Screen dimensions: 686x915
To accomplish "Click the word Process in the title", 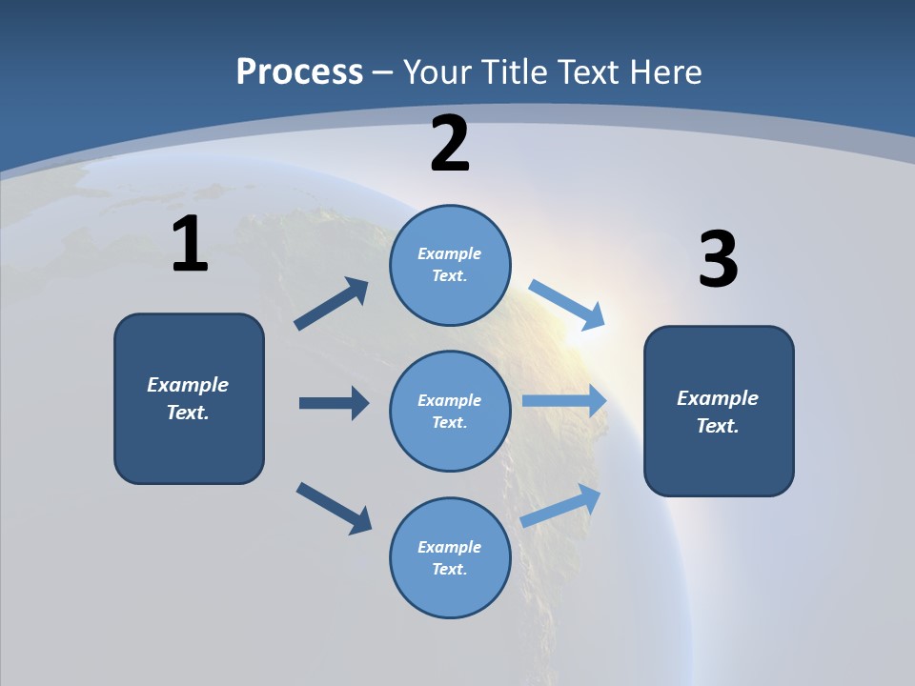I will (299, 72).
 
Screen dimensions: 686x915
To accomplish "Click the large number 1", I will (190, 245).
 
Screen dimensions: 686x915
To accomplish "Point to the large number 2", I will (450, 144).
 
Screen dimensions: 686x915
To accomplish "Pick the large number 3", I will (718, 260).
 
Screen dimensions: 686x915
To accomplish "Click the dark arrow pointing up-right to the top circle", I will (332, 304).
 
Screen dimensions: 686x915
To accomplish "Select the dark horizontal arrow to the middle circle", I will (334, 403).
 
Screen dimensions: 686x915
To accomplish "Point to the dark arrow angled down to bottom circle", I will (334, 507).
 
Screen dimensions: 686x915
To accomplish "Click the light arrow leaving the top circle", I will (568, 305).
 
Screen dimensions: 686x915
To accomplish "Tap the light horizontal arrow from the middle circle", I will (564, 401).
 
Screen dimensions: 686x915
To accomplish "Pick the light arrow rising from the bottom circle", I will (561, 505).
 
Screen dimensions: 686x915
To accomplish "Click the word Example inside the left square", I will (188, 385).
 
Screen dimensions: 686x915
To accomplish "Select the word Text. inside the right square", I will (718, 426).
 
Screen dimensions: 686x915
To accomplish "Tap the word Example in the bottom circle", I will (450, 547).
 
